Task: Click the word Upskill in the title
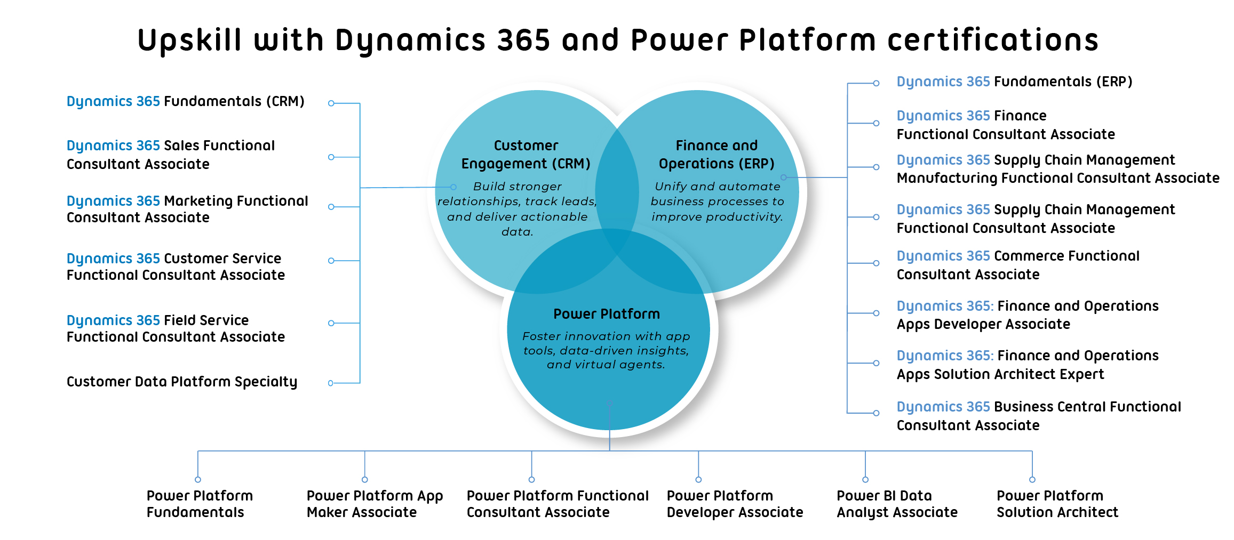tap(189, 41)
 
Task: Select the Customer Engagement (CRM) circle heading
tap(526, 155)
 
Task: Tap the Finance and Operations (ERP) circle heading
tap(716, 155)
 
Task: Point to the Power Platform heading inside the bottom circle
tap(607, 314)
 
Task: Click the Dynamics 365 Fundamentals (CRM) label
tap(185, 101)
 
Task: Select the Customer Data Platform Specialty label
tap(181, 382)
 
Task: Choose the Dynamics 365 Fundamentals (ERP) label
tap(1014, 82)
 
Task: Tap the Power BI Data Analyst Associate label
tap(897, 504)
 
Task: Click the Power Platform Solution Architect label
tap(1057, 504)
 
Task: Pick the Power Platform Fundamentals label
tap(200, 504)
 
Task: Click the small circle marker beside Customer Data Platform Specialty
tap(331, 383)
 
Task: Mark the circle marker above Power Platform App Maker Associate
tap(365, 480)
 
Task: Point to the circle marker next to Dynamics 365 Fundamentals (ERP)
tap(876, 83)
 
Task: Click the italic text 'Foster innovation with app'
tap(606, 336)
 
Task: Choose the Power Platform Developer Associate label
tap(735, 504)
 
